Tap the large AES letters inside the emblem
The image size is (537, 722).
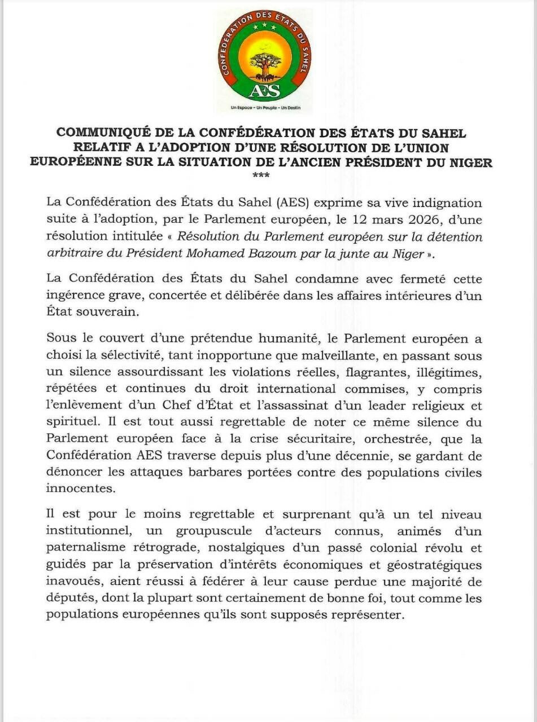[x=265, y=90]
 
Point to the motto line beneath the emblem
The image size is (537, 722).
[x=265, y=107]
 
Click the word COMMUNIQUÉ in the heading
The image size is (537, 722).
[x=101, y=133]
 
